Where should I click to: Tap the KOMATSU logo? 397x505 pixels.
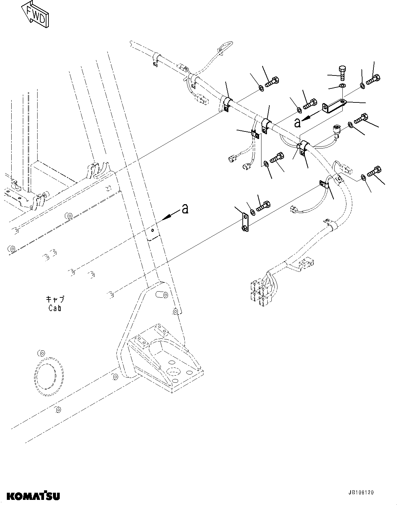[x=30, y=495]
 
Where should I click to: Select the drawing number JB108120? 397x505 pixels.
[x=361, y=493]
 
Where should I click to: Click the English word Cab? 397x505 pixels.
[x=55, y=308]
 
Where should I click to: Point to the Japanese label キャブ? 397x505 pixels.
[x=55, y=299]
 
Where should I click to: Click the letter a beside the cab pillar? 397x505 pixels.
[x=185, y=208]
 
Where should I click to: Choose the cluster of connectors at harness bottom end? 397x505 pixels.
[x=261, y=291]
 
